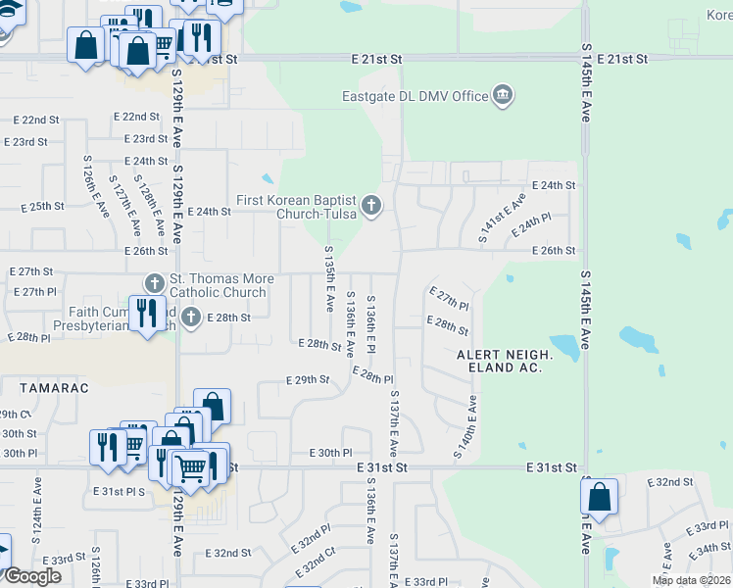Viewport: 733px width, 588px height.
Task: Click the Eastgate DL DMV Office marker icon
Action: (x=503, y=95)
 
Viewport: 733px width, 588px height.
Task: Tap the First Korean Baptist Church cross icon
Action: (x=371, y=205)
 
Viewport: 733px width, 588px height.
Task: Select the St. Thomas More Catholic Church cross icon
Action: (x=153, y=283)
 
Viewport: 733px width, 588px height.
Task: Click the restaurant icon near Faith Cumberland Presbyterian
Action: (x=147, y=314)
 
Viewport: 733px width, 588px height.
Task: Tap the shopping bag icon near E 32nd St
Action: (x=600, y=497)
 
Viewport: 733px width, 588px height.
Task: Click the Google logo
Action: (x=32, y=576)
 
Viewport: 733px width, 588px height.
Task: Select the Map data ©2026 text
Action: (x=691, y=580)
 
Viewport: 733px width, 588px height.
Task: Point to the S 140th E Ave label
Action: (x=464, y=427)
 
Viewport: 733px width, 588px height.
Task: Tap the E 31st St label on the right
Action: (x=550, y=468)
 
